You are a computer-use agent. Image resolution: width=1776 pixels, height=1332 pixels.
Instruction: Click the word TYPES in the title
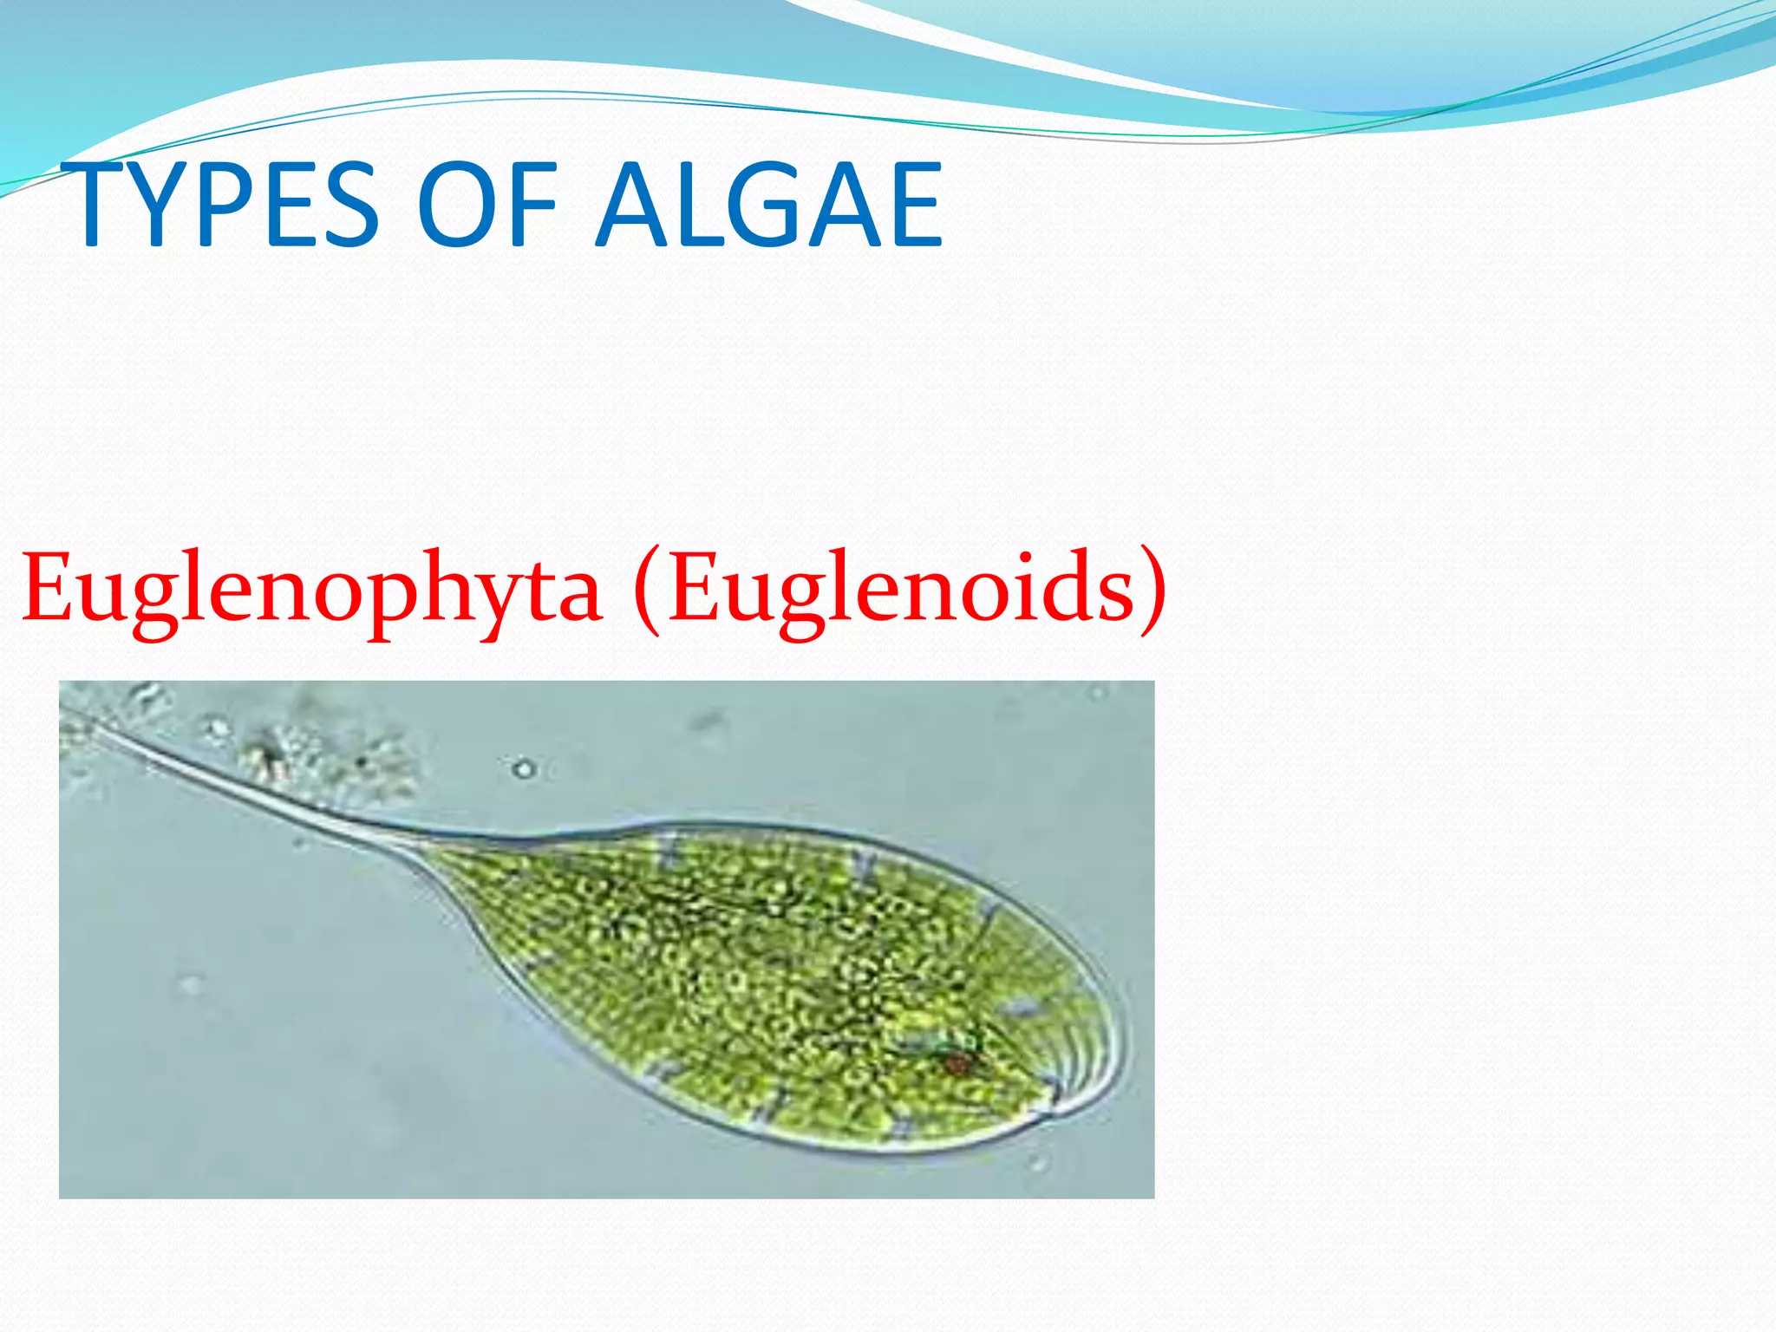[x=221, y=205]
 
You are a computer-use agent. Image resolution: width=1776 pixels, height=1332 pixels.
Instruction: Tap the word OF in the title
[x=486, y=205]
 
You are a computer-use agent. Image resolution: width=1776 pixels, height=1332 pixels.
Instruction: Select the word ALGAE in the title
[x=769, y=205]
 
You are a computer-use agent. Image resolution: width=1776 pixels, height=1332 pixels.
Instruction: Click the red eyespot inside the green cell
[x=957, y=1063]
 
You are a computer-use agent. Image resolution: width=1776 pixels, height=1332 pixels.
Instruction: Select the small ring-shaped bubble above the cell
[x=523, y=769]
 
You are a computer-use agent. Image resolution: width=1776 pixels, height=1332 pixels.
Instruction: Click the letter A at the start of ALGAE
[x=637, y=205]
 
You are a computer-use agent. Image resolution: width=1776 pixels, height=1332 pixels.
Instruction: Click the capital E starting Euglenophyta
[x=47, y=588]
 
